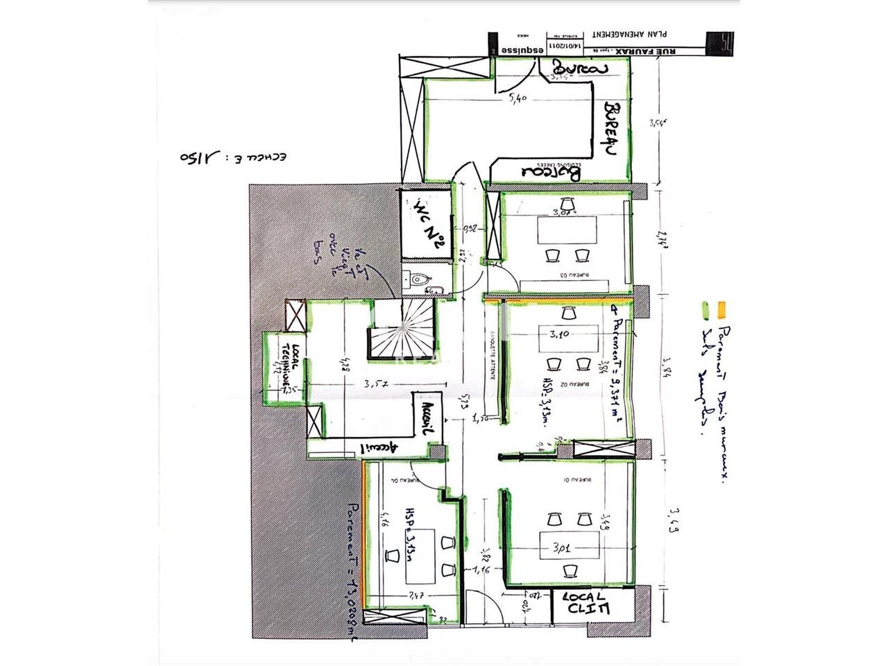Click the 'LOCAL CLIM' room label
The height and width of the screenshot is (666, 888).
click(586, 603)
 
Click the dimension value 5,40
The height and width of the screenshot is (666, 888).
click(518, 99)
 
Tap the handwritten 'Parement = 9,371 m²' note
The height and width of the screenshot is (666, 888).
click(615, 365)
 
